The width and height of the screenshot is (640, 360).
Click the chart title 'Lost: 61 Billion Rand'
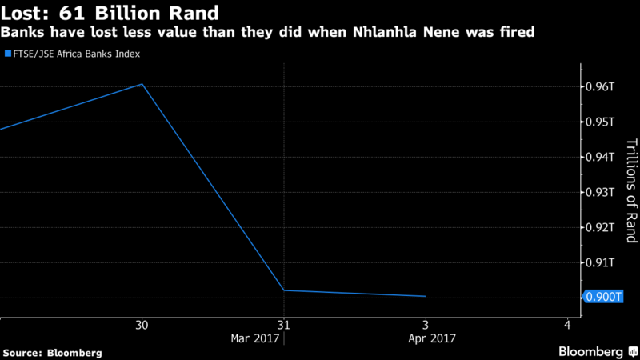111,14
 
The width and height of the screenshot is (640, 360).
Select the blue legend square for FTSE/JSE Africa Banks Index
7,54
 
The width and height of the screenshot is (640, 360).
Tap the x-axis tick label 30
142,325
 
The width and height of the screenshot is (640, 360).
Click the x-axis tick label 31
283,325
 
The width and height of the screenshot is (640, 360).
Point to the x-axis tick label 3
425,325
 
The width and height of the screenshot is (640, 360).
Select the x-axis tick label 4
567,325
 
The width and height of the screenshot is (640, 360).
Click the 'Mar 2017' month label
254,338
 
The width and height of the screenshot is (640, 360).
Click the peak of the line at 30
142,84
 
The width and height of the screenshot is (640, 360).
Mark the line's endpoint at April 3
425,296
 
